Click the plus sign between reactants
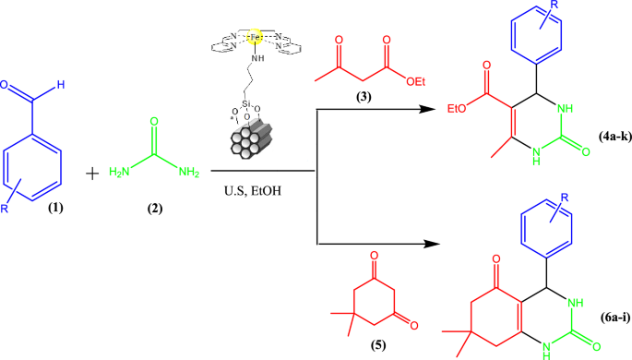point(117,173)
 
